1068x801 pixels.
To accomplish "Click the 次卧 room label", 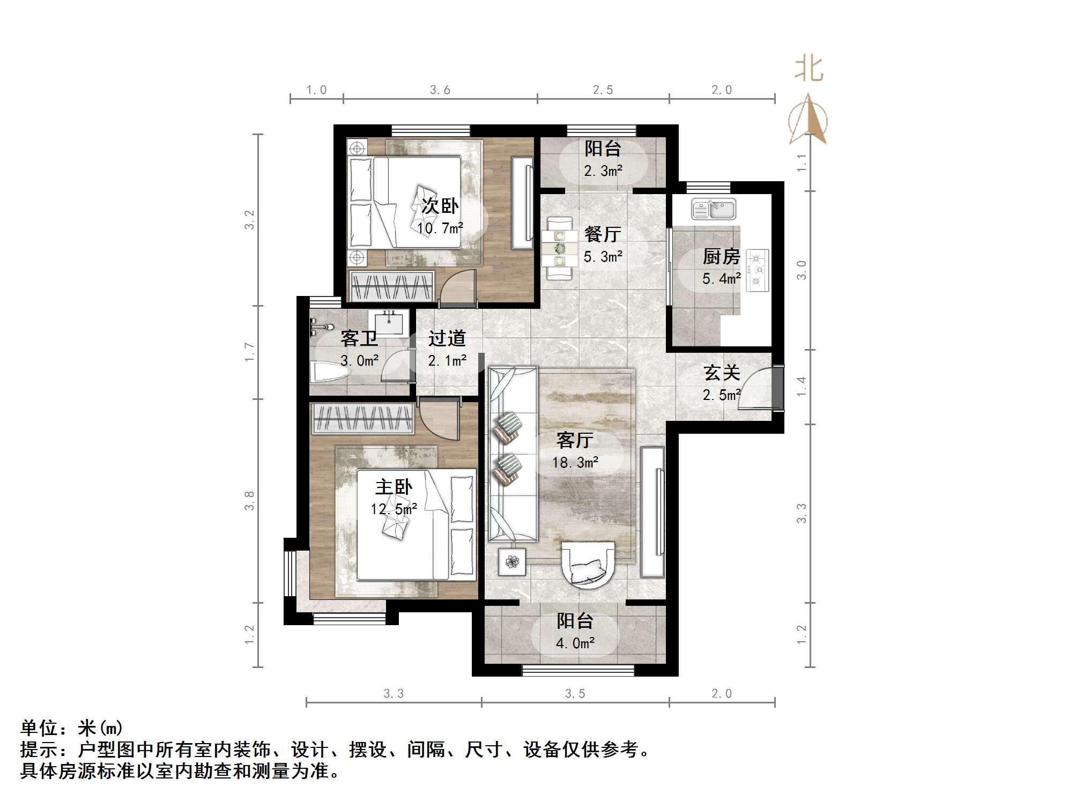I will click(440, 206).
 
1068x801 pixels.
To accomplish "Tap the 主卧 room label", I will click(394, 487).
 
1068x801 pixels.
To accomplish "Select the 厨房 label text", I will click(721, 257).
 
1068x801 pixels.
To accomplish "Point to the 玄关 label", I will click(722, 373).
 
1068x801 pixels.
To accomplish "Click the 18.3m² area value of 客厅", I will click(575, 462).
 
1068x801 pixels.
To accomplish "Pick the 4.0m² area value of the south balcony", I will click(575, 643).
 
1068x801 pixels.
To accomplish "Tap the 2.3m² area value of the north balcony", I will click(603, 171).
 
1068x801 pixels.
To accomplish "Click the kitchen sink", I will click(714, 209).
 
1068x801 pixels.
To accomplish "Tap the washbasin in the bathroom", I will click(389, 323).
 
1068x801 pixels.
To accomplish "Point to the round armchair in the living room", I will click(587, 566).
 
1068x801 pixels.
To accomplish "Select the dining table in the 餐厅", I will click(559, 248).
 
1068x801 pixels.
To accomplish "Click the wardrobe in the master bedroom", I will click(364, 419).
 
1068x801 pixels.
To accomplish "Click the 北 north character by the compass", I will click(809, 70).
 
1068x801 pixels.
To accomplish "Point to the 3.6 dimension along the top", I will click(440, 90).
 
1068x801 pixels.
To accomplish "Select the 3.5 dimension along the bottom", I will click(575, 694).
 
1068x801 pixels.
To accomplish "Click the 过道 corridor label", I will click(447, 338).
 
